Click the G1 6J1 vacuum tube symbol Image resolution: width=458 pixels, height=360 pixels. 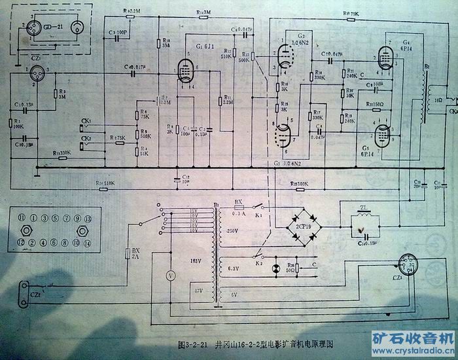coord(186,70)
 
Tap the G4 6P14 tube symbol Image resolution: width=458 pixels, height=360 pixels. coord(386,60)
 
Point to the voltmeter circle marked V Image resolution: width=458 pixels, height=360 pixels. coord(169,276)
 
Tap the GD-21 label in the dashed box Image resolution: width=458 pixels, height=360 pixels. coord(54,27)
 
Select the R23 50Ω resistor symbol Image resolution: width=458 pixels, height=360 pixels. coord(298,268)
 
